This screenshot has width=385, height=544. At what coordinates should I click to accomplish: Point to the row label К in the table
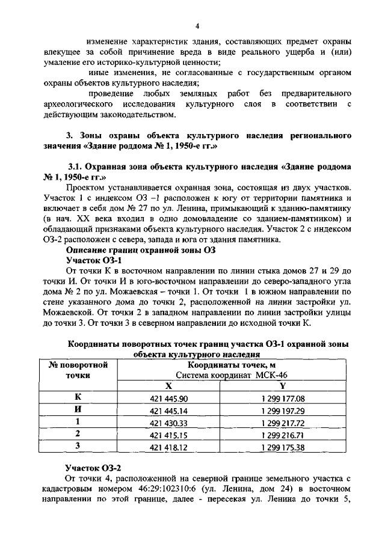(78, 398)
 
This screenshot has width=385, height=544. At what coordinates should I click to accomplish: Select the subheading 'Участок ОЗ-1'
(93, 260)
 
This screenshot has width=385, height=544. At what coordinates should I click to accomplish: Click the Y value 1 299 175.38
(283, 447)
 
